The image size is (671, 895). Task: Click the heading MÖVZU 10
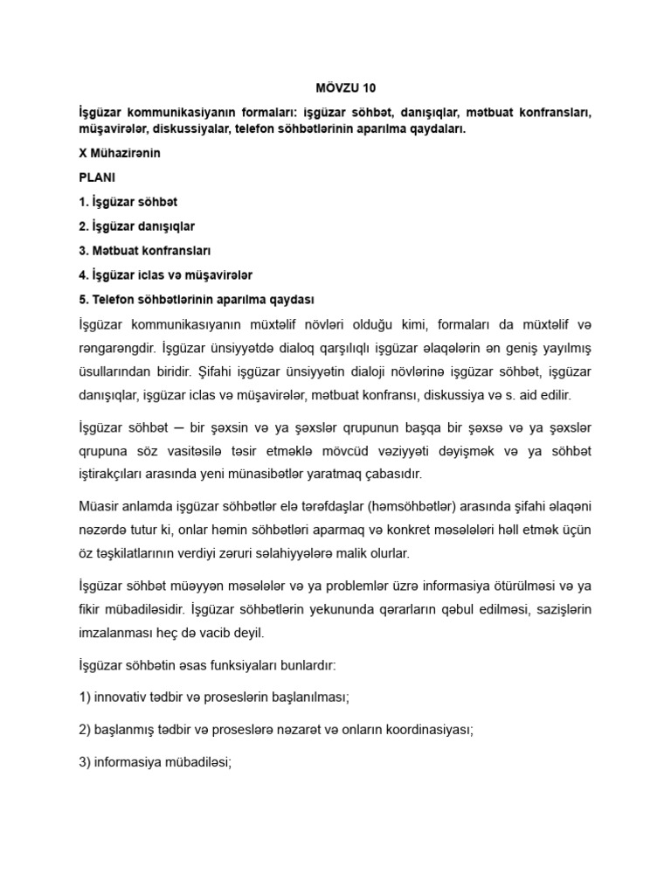pos(335,88)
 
